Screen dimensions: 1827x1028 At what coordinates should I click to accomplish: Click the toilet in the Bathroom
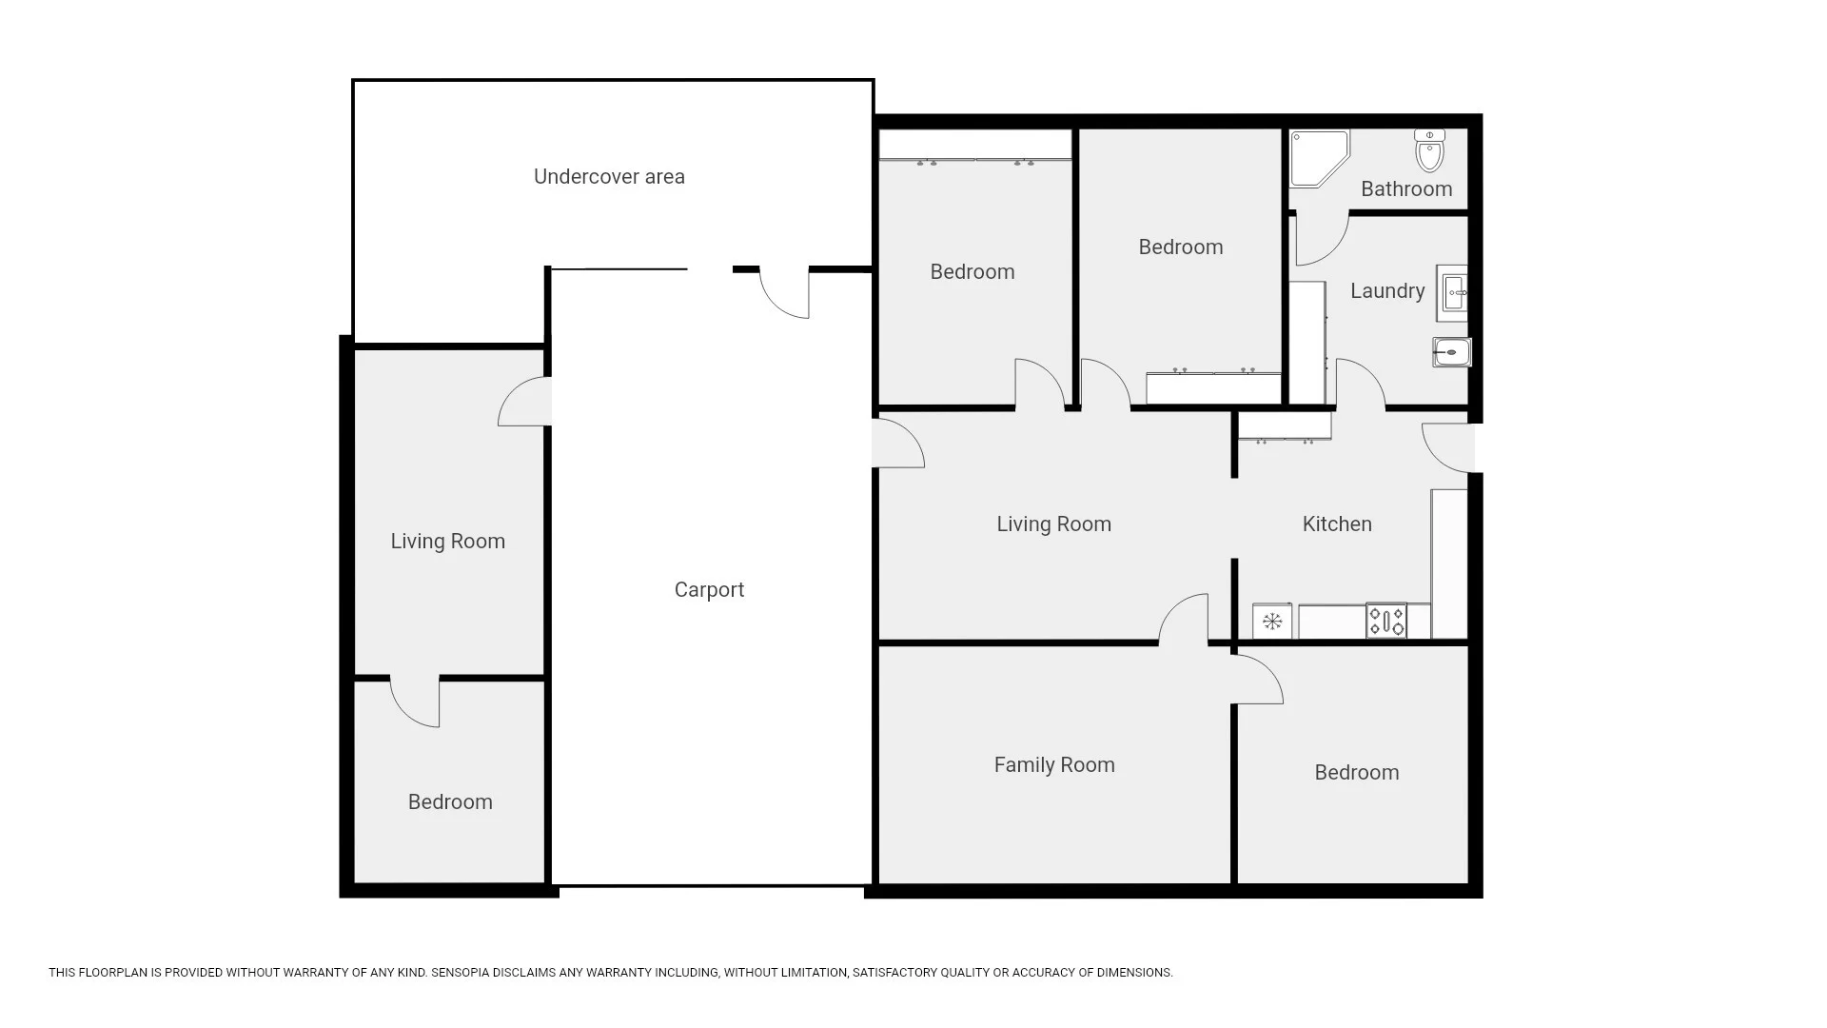(x=1429, y=149)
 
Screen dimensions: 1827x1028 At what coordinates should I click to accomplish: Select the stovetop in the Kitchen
(x=1385, y=621)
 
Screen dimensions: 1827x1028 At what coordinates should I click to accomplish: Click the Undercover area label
(x=609, y=176)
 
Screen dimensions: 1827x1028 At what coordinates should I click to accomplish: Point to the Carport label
(x=709, y=590)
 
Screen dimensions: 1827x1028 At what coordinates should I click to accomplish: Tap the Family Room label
(x=1054, y=764)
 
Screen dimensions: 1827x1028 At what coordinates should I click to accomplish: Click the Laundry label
(x=1387, y=291)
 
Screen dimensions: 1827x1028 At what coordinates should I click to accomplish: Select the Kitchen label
(x=1337, y=524)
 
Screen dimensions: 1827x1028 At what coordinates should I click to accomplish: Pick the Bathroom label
(x=1406, y=188)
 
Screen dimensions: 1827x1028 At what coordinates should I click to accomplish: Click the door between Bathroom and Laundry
(x=1322, y=238)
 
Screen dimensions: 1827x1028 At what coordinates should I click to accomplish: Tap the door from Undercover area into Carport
(x=784, y=292)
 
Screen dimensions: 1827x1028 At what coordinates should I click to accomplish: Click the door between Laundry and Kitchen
(x=1361, y=383)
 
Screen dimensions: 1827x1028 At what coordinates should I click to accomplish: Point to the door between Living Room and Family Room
(x=1184, y=620)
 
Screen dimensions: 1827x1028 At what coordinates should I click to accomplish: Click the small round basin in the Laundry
(x=1452, y=353)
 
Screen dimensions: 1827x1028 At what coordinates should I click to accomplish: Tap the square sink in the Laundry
(x=1452, y=292)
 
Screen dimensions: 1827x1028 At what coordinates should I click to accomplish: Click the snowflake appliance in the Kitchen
(x=1272, y=622)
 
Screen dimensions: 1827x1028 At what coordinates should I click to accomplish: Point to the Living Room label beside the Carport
(x=447, y=542)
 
